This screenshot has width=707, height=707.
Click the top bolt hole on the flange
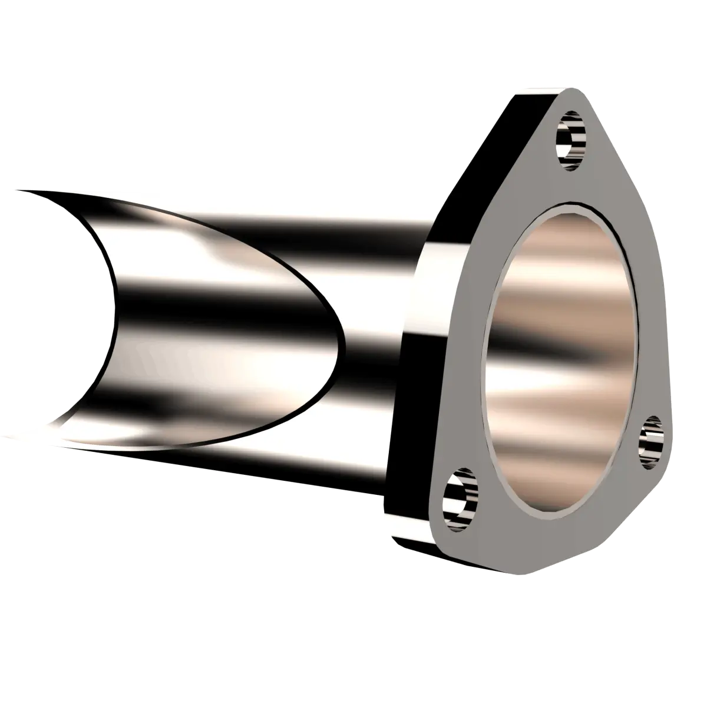pyautogui.click(x=570, y=141)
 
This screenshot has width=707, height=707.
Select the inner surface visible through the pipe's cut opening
pyautogui.click(x=224, y=318)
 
